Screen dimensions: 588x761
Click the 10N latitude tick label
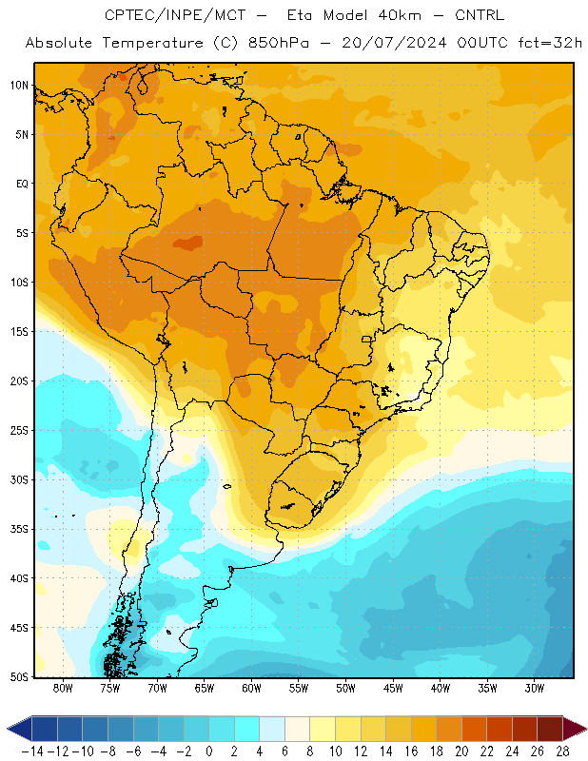[x=19, y=86]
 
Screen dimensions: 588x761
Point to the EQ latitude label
[x=22, y=184]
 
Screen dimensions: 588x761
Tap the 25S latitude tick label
[x=19, y=431]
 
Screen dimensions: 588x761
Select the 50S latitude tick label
[x=19, y=677]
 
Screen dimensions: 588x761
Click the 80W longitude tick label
[x=63, y=688]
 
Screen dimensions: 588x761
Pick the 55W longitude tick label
[x=299, y=688]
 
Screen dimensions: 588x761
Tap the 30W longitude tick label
[x=535, y=688]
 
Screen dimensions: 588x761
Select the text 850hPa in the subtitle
[x=278, y=43]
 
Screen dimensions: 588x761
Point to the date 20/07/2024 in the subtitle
[x=394, y=43]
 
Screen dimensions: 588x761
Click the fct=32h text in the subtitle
[x=550, y=43]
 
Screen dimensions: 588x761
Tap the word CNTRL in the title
[x=480, y=15]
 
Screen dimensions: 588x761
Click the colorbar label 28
[x=562, y=751]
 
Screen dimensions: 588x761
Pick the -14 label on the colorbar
[x=32, y=751]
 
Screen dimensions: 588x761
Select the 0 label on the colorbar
[x=209, y=751]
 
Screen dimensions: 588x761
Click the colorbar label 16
[x=411, y=751]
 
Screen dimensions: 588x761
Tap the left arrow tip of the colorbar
[x=7, y=729]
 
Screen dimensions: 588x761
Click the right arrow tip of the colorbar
[x=587, y=729]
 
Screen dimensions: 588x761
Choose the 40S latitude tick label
[x=19, y=578]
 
